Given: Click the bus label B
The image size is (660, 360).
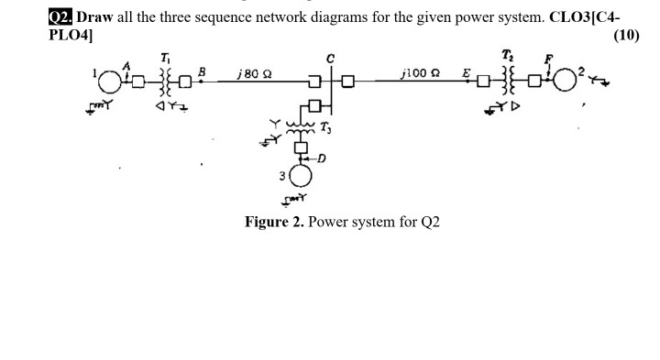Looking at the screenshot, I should tap(203, 71).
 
